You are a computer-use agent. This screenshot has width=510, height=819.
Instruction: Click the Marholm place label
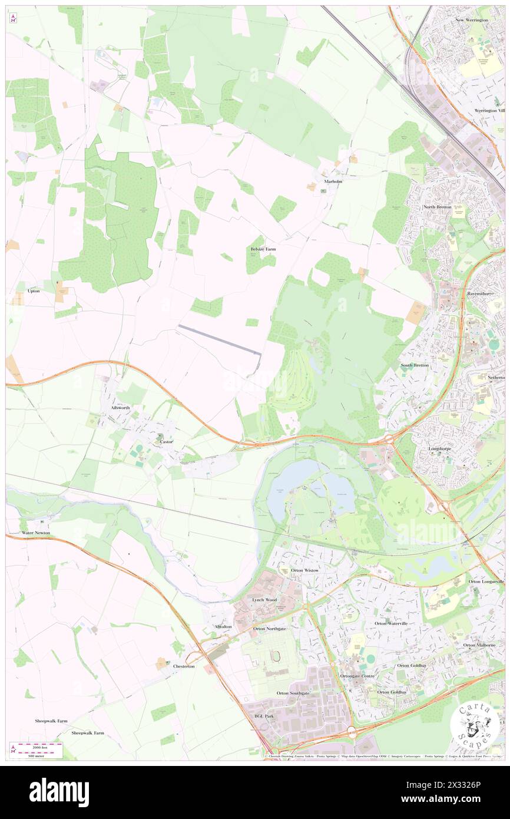click(x=333, y=181)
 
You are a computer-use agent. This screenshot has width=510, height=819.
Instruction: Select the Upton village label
click(x=33, y=291)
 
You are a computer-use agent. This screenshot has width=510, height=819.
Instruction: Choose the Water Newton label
click(x=35, y=533)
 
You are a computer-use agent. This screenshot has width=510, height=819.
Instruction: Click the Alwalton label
click(x=223, y=626)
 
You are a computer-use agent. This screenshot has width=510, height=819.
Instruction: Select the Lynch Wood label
click(x=264, y=599)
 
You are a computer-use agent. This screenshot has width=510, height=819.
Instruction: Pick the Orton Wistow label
click(x=304, y=570)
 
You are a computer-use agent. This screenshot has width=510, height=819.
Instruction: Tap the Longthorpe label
click(x=439, y=449)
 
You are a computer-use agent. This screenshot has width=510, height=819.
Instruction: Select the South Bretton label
click(x=415, y=365)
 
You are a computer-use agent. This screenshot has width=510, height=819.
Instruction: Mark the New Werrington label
click(x=472, y=20)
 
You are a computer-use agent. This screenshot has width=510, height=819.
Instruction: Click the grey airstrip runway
click(x=220, y=339)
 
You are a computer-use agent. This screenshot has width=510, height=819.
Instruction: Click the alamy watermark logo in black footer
click(x=59, y=792)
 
